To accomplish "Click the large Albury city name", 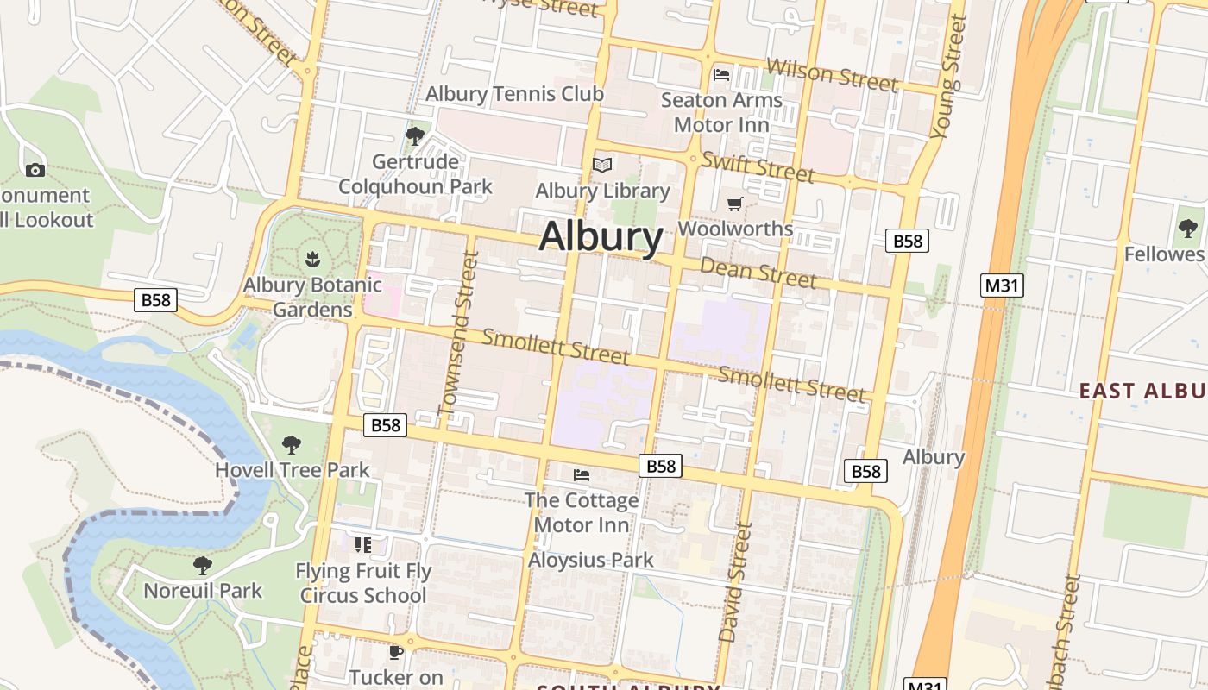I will tap(601, 235).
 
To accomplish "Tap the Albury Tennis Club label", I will tap(514, 93).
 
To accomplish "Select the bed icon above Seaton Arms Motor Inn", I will tap(721, 75).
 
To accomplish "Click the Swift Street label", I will tap(758, 166).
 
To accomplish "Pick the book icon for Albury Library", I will tap(602, 165).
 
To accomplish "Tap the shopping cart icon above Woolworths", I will tap(734, 204).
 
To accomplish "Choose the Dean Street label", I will tap(758, 272).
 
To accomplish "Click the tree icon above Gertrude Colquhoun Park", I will tap(415, 135).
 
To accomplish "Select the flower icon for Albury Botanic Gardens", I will tap(312, 258).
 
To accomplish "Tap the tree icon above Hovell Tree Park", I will tap(292, 445).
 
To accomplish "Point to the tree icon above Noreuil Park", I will tap(203, 566).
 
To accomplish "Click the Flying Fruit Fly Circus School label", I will tap(363, 583).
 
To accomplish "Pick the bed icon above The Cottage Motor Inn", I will tap(582, 475).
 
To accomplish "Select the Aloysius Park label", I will tap(591, 560).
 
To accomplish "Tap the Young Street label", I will tap(949, 78).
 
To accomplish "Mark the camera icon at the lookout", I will tap(35, 170).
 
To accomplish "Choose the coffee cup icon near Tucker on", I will tap(396, 653).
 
